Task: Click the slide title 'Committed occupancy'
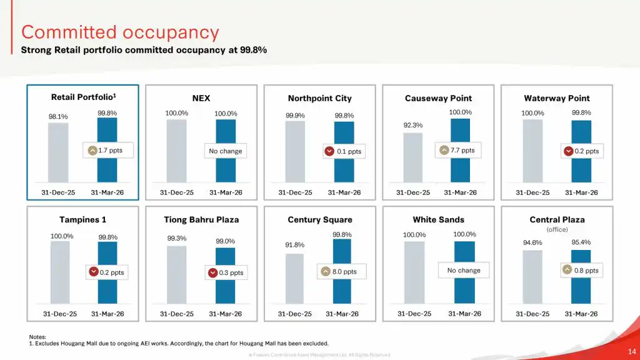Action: (x=120, y=32)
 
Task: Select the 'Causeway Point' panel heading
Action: (x=438, y=98)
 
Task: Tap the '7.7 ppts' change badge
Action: (x=457, y=151)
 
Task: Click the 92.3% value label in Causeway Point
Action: (x=412, y=125)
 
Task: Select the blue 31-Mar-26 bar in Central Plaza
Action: (x=581, y=277)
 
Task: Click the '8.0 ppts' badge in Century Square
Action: (x=339, y=272)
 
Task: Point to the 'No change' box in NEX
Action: (x=226, y=151)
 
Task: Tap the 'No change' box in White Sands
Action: (x=464, y=271)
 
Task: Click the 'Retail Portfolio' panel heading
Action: (x=84, y=97)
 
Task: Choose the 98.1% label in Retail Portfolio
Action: (x=58, y=116)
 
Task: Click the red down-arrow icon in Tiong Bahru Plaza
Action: (x=212, y=273)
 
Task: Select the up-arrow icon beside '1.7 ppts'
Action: (x=92, y=151)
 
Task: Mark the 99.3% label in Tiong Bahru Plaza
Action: (x=176, y=239)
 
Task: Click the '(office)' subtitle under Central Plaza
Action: (x=557, y=229)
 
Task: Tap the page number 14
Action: (x=631, y=351)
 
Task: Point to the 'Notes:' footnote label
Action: (x=37, y=337)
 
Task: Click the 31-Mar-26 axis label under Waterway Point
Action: (x=581, y=192)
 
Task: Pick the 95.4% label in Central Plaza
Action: (x=581, y=242)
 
